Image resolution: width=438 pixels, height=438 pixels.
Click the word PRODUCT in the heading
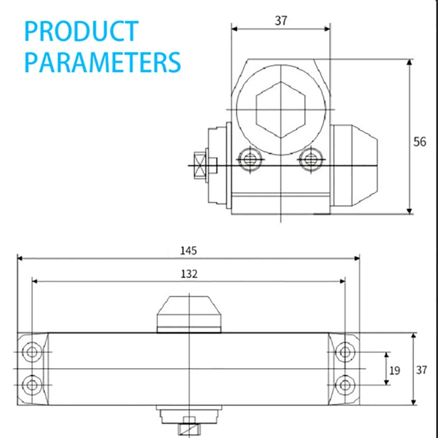[81, 31]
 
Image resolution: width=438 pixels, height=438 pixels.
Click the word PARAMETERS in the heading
[103, 62]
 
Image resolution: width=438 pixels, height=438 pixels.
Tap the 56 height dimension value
[420, 142]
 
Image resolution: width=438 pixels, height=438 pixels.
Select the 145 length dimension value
[188, 251]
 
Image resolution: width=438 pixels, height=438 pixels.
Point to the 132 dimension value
[189, 274]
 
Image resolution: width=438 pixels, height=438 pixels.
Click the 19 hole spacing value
[395, 371]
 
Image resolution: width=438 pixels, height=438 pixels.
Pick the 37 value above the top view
[281, 21]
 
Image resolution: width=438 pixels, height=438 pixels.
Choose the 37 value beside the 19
[422, 370]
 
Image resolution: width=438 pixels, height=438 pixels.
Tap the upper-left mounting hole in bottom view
[32, 352]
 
